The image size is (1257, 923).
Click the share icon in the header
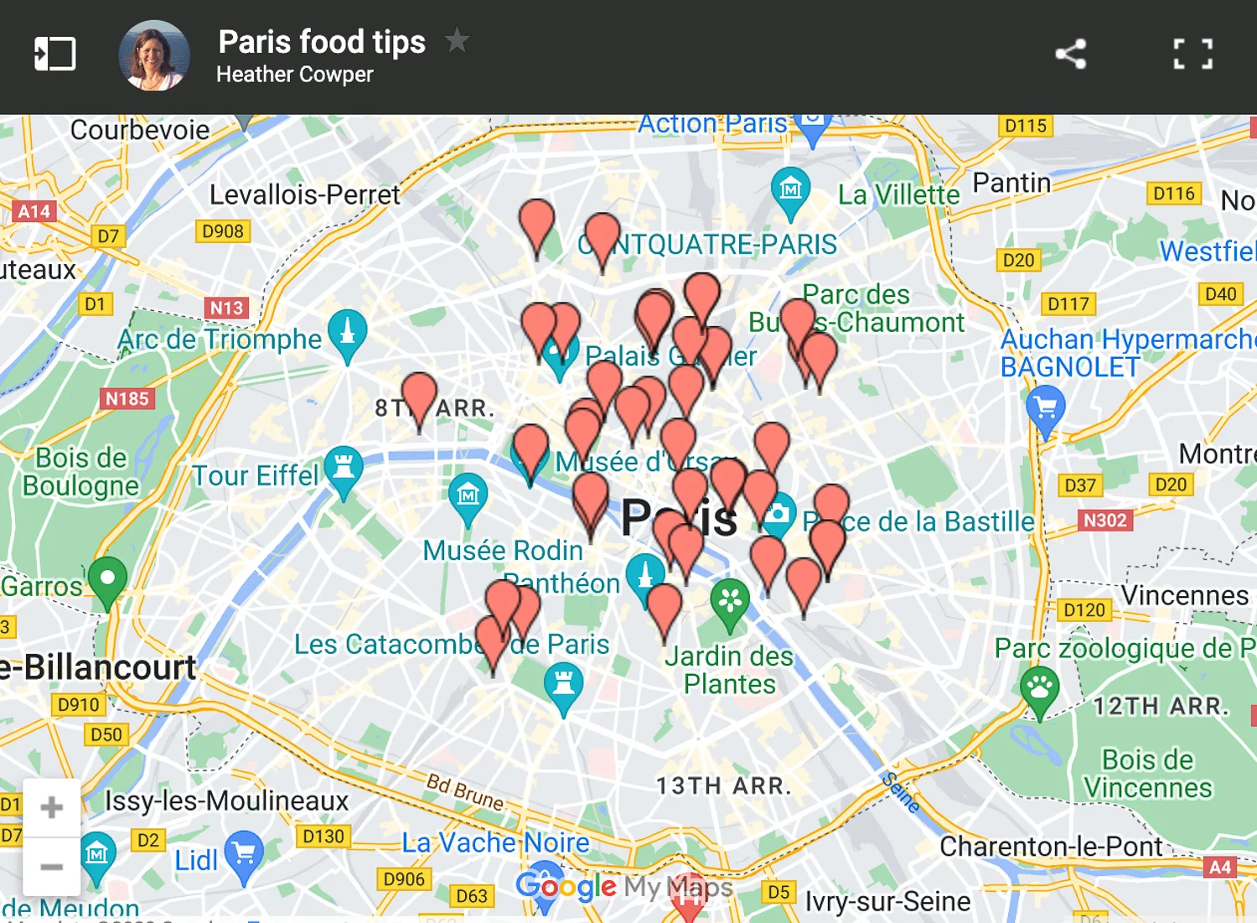1070,54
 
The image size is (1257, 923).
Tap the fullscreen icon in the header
1192,54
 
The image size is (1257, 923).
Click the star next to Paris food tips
457,39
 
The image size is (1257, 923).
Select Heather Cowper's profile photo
154,55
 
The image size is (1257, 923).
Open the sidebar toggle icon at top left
54,54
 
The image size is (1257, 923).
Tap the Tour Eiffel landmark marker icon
344,466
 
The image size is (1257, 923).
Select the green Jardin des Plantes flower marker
730,600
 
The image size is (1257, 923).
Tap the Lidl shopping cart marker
244,853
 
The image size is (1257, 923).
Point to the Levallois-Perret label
304,194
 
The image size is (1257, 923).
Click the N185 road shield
127,399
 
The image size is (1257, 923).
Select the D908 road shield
223,231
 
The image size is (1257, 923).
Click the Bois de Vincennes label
1147,774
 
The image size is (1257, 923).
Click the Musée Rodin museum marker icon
468,495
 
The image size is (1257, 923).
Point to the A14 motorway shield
34,211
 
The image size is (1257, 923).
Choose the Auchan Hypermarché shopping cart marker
1045,407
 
